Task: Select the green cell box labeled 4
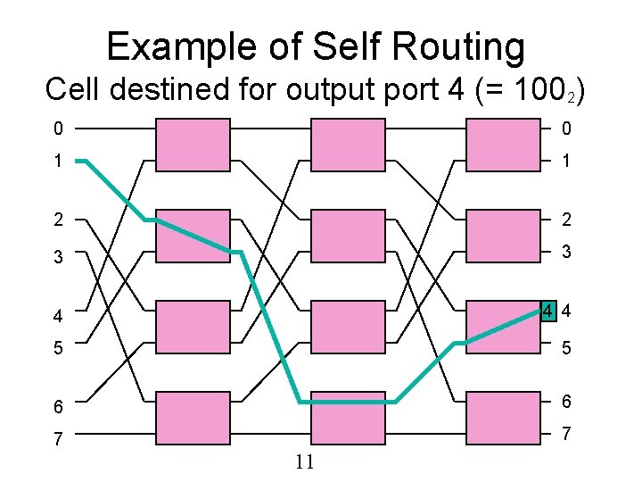click(548, 312)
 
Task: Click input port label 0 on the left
click(57, 129)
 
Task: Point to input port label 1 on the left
click(57, 162)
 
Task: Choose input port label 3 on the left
click(57, 256)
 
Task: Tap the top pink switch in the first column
click(193, 144)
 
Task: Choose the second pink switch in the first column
click(193, 236)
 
